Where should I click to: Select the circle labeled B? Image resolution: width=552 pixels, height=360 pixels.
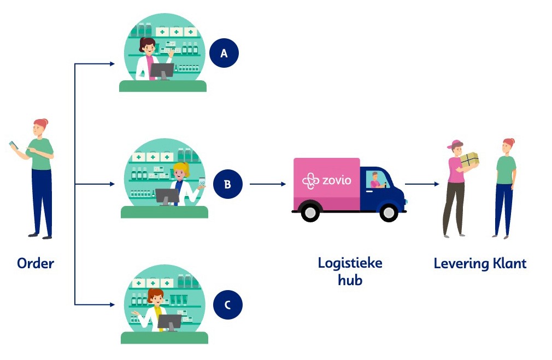[227, 184]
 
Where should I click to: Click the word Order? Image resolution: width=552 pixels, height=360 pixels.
[36, 263]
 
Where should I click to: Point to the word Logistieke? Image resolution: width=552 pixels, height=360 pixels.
[350, 263]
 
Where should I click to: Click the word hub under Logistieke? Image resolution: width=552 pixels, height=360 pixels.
[350, 280]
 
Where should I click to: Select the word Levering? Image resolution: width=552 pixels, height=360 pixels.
[460, 263]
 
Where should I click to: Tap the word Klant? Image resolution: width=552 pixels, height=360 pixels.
[508, 263]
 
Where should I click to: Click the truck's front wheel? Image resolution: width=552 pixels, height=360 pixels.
[389, 211]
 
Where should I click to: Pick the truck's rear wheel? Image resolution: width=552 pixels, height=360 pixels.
[310, 211]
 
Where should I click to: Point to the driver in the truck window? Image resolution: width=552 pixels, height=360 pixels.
[375, 180]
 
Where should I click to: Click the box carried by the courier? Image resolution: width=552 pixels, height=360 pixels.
[469, 159]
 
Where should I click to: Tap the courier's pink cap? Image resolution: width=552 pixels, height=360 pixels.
[455, 144]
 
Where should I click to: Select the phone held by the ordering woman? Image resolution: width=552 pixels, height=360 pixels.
[14, 144]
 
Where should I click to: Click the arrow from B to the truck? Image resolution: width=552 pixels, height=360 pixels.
[268, 184]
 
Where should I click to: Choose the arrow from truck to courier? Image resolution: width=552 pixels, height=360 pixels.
[422, 184]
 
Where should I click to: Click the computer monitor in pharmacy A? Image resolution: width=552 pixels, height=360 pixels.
[162, 70]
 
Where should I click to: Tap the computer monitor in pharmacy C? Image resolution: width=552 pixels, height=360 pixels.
[169, 321]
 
